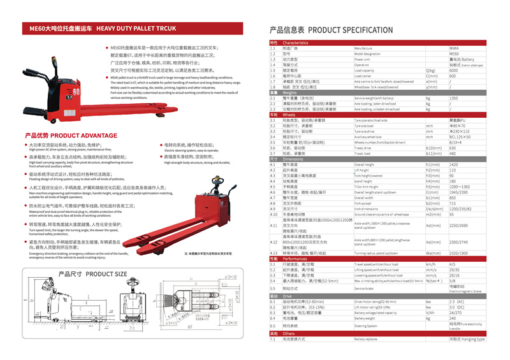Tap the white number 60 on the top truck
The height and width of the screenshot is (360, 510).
coord(76,92)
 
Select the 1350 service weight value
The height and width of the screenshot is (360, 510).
coord(453,98)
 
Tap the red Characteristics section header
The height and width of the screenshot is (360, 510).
coord(296,43)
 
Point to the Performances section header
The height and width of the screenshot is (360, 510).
coord(295,259)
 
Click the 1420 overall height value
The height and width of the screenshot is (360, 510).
coord(453,164)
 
